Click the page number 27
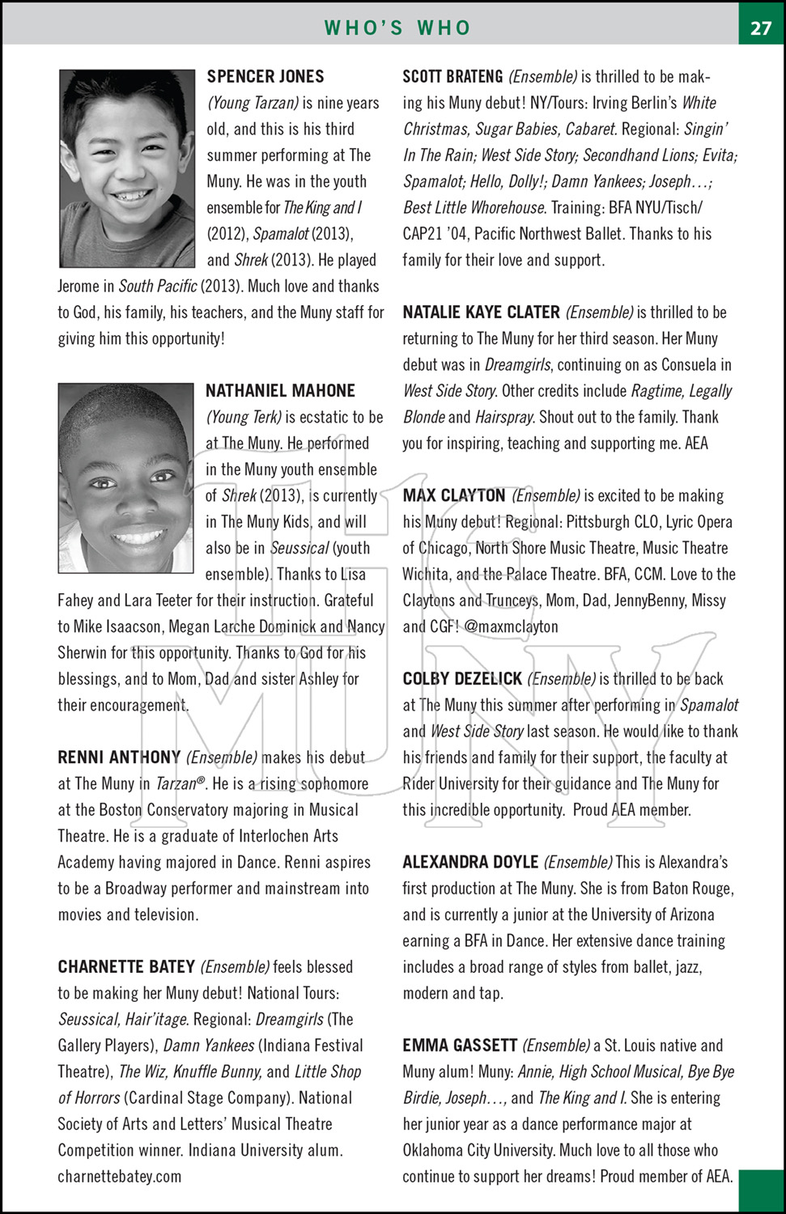[761, 28]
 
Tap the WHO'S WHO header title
[397, 28]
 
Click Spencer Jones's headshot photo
[127, 168]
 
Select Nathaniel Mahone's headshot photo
[126, 478]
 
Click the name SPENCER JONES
[266, 77]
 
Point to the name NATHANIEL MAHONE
[280, 391]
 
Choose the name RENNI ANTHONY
[119, 758]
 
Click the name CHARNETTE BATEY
[126, 967]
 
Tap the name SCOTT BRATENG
[452, 77]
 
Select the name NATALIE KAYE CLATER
[481, 312]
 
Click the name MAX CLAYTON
[454, 495]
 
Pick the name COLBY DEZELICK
[462, 679]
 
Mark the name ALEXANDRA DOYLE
[470, 862]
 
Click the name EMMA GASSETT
[460, 1046]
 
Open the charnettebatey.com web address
[119, 1177]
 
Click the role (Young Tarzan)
[253, 103]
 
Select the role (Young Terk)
[244, 417]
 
